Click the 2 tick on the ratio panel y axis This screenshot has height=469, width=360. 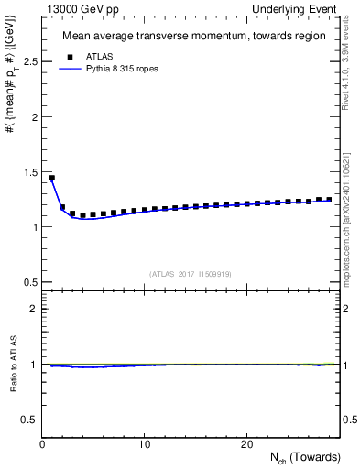click(x=33, y=309)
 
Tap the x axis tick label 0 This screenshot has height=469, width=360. click(x=42, y=444)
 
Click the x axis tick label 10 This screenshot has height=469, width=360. click(x=144, y=444)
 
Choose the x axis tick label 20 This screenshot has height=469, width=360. click(x=245, y=444)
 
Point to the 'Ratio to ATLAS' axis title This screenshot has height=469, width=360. click(x=12, y=363)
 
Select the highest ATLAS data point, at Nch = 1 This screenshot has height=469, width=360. click(x=52, y=178)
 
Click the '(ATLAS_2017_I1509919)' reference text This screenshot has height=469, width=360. click(x=191, y=273)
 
